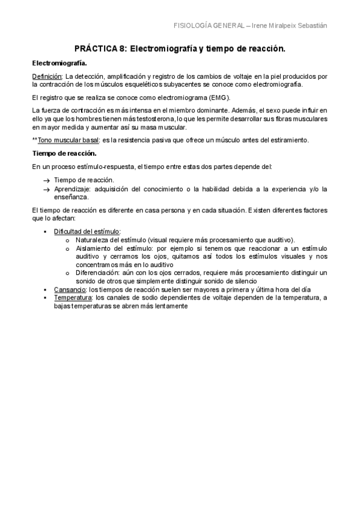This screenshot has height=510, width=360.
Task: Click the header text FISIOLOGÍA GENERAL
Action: (208, 26)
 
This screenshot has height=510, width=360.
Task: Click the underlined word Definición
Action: (47, 76)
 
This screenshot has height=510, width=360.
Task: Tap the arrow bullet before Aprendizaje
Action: (46, 189)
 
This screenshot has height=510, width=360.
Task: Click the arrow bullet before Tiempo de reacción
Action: (46, 180)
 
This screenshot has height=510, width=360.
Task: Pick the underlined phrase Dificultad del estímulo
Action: (87, 231)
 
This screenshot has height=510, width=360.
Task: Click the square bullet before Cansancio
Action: (46, 289)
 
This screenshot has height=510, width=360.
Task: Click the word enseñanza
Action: (72, 197)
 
